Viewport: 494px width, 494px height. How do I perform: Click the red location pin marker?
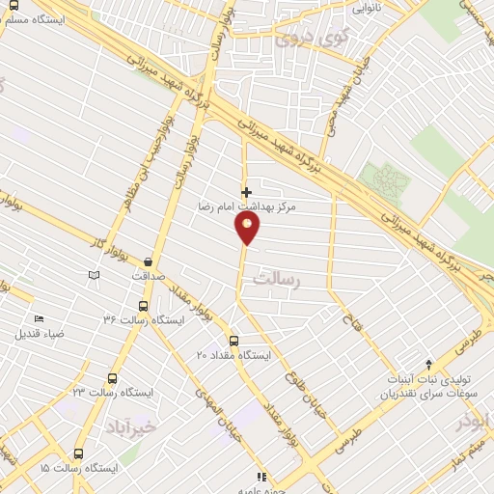[x=247, y=229]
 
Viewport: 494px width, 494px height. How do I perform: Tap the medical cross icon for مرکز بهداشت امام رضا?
[x=247, y=192]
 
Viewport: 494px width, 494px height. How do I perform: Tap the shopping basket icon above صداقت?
[x=148, y=261]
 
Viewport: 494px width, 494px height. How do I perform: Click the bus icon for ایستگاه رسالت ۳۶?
[x=144, y=307]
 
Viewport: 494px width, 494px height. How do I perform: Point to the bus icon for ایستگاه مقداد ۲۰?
[x=233, y=341]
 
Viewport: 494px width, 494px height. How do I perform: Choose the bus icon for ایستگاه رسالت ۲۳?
[x=113, y=379]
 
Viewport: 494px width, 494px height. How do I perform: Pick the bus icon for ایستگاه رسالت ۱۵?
[x=78, y=453]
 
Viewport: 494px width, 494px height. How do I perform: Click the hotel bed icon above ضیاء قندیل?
[x=39, y=319]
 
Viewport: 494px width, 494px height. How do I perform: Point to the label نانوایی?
[x=366, y=9]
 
